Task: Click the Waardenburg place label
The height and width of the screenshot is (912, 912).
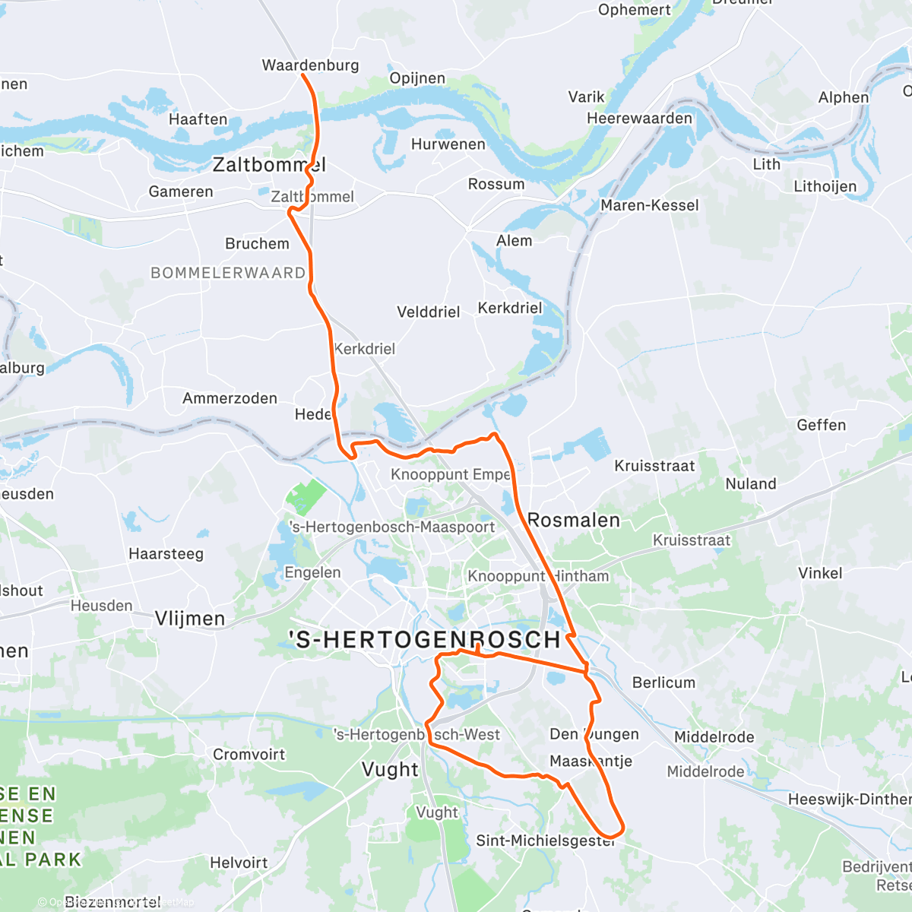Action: click(x=310, y=65)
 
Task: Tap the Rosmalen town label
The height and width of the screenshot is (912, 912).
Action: click(x=574, y=521)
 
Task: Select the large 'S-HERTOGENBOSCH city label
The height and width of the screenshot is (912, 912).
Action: click(x=425, y=640)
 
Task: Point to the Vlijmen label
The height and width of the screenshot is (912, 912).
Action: click(x=190, y=619)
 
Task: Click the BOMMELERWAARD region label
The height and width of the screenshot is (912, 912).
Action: click(x=228, y=273)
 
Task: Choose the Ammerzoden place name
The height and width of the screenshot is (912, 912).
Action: click(x=230, y=398)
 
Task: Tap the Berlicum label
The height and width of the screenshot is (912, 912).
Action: click(x=663, y=682)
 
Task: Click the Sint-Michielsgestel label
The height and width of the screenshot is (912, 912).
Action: click(x=545, y=841)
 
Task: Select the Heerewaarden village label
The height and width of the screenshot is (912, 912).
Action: click(x=639, y=118)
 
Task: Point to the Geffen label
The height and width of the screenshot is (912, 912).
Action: click(x=821, y=425)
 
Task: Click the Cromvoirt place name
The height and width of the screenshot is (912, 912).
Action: click(x=249, y=755)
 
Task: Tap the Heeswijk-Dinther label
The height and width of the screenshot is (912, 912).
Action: click(x=849, y=799)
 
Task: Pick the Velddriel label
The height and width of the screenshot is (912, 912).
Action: click(x=428, y=312)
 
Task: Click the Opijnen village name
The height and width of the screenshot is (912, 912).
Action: click(x=417, y=78)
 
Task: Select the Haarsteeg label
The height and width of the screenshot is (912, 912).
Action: click(x=166, y=553)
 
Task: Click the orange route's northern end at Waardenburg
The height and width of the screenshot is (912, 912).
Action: click(x=302, y=74)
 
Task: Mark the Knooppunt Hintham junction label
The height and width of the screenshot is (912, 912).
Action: click(x=538, y=576)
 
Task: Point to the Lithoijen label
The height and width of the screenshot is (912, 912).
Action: click(x=825, y=186)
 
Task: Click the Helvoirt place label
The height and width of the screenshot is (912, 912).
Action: click(x=239, y=863)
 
